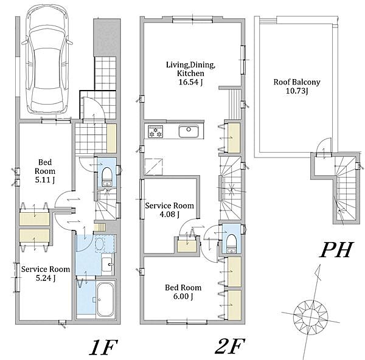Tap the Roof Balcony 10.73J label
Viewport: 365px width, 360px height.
297,86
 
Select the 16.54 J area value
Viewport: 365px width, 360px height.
190,82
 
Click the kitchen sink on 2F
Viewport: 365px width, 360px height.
189,131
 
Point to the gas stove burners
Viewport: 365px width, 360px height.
156,132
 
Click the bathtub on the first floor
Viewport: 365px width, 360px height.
106,300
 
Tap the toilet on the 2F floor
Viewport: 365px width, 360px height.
231,243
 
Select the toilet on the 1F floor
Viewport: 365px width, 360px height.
107,176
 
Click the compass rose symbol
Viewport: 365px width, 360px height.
310,317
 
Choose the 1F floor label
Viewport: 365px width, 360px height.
103,347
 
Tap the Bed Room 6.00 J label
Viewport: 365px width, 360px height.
183,292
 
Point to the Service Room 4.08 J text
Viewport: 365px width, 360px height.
170,210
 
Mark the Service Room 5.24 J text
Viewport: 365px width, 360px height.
46,274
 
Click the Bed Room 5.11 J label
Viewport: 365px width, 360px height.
45,171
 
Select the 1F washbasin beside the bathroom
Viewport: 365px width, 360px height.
108,265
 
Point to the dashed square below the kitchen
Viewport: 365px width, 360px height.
153,167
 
